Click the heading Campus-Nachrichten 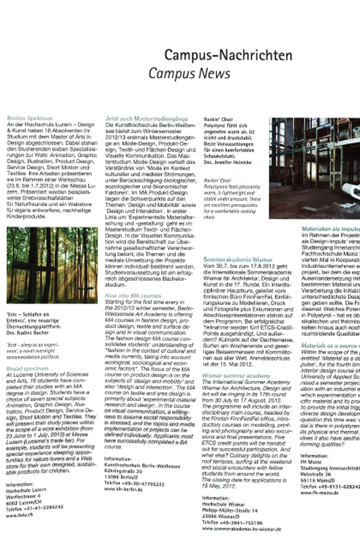[x=227, y=56]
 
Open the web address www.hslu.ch [x=18, y=515]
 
